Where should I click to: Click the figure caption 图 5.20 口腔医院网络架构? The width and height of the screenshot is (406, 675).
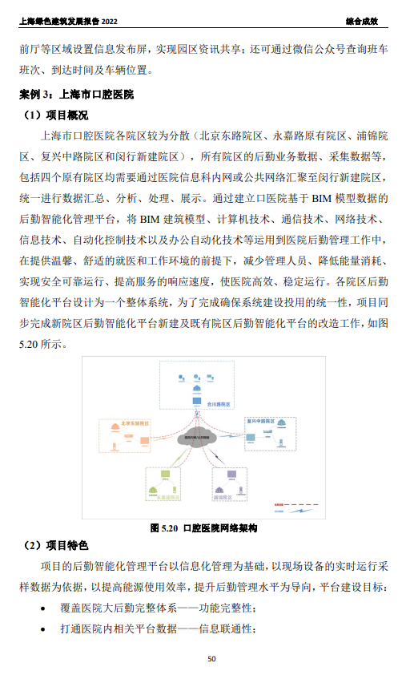coord(203,529)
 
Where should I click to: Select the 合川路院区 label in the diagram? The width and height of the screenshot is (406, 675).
coord(219,406)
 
